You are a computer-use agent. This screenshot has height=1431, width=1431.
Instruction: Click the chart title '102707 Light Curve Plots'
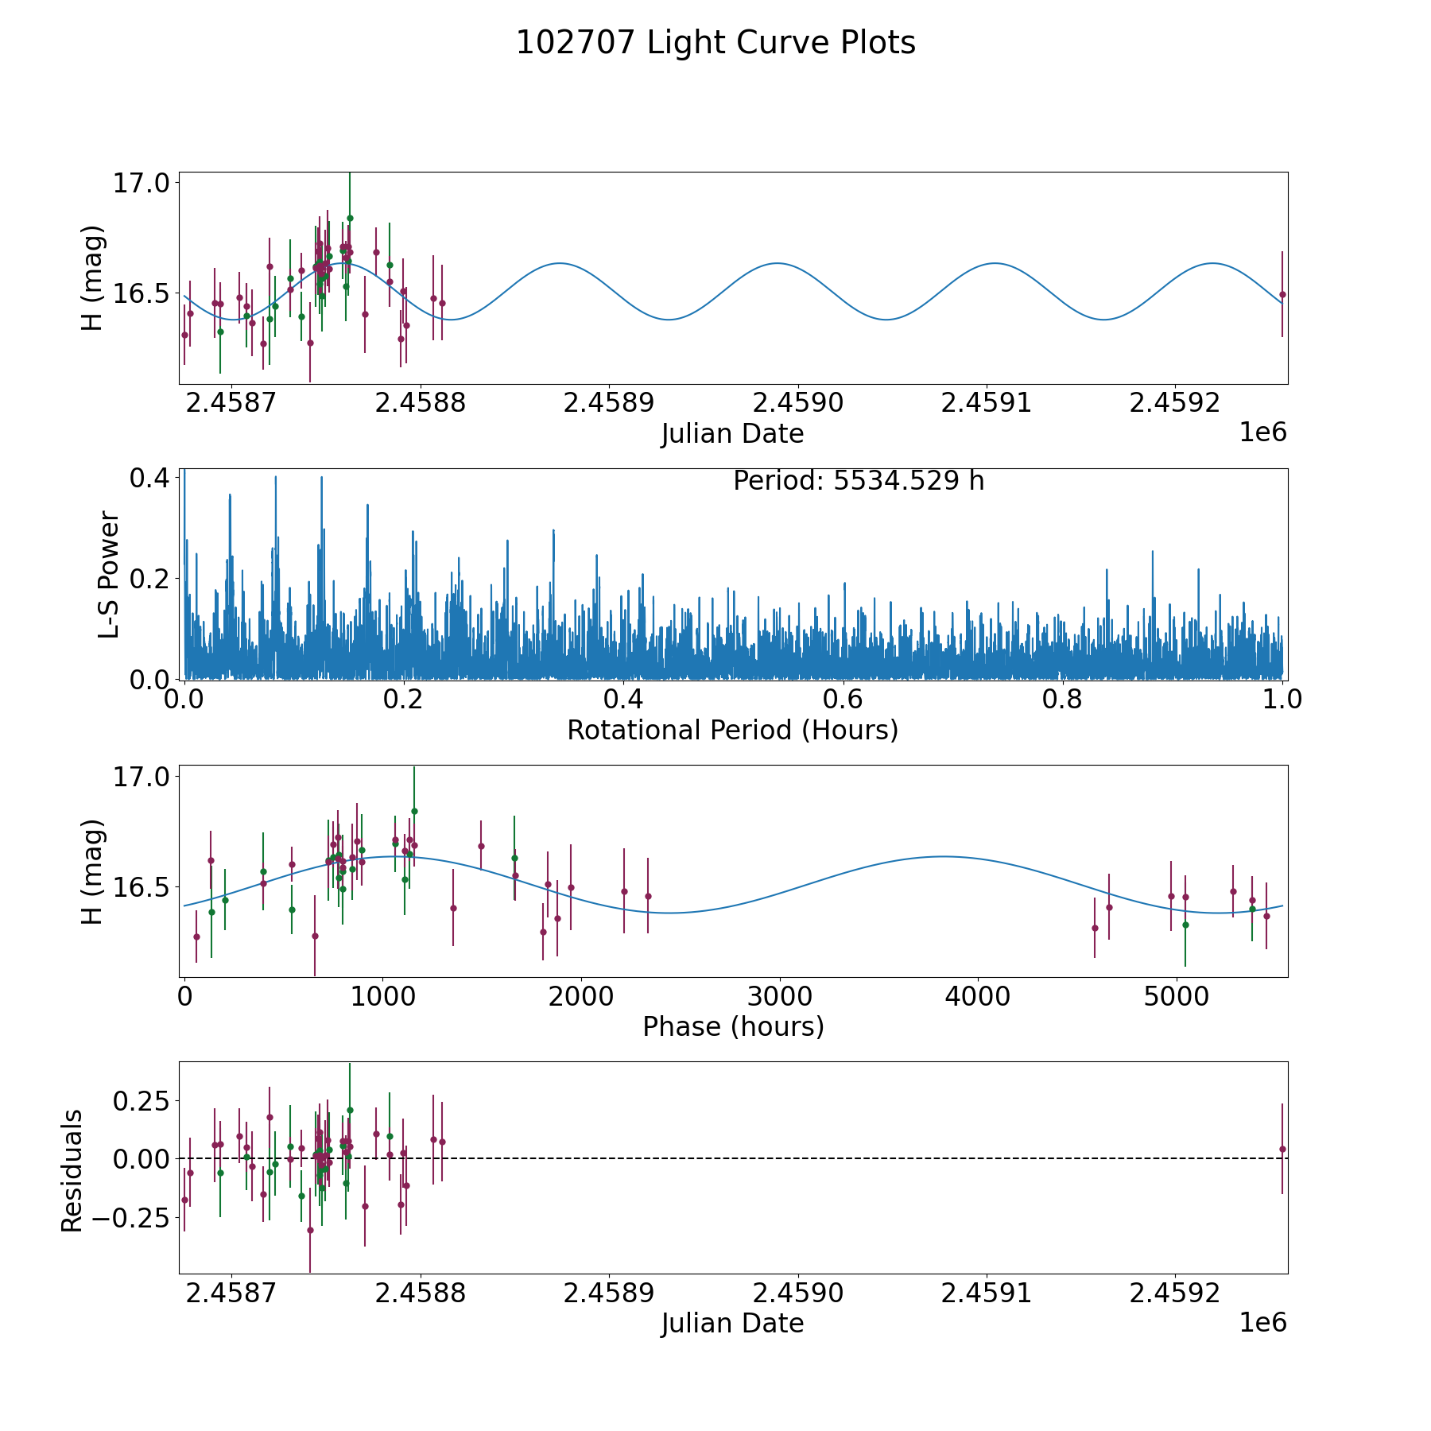pyautogui.click(x=715, y=43)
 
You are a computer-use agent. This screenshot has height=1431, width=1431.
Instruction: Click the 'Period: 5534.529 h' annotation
pyautogui.click(x=859, y=481)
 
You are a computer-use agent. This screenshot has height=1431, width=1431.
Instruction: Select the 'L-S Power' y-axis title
pyautogui.click(x=109, y=574)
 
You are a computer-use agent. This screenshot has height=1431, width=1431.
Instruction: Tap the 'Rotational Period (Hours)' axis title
pyautogui.click(x=732, y=730)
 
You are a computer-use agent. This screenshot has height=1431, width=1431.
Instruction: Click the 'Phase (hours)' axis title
pyautogui.click(x=732, y=1026)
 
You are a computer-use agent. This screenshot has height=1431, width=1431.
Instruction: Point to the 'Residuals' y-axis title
pyautogui.click(x=72, y=1170)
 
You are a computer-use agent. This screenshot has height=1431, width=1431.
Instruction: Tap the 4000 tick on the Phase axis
pyautogui.click(x=977, y=996)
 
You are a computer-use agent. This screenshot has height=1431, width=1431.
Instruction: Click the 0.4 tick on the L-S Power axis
pyautogui.click(x=149, y=479)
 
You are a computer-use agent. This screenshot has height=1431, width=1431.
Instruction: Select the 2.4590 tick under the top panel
pyautogui.click(x=797, y=403)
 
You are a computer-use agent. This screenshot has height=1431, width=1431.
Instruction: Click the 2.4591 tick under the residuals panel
pyautogui.click(x=986, y=1293)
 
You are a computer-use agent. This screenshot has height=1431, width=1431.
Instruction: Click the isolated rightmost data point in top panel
pyautogui.click(x=1282, y=294)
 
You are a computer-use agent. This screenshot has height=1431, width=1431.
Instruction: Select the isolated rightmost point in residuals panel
pyautogui.click(x=1282, y=1149)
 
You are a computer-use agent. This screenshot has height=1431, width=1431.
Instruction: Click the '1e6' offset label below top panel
pyautogui.click(x=1262, y=432)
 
